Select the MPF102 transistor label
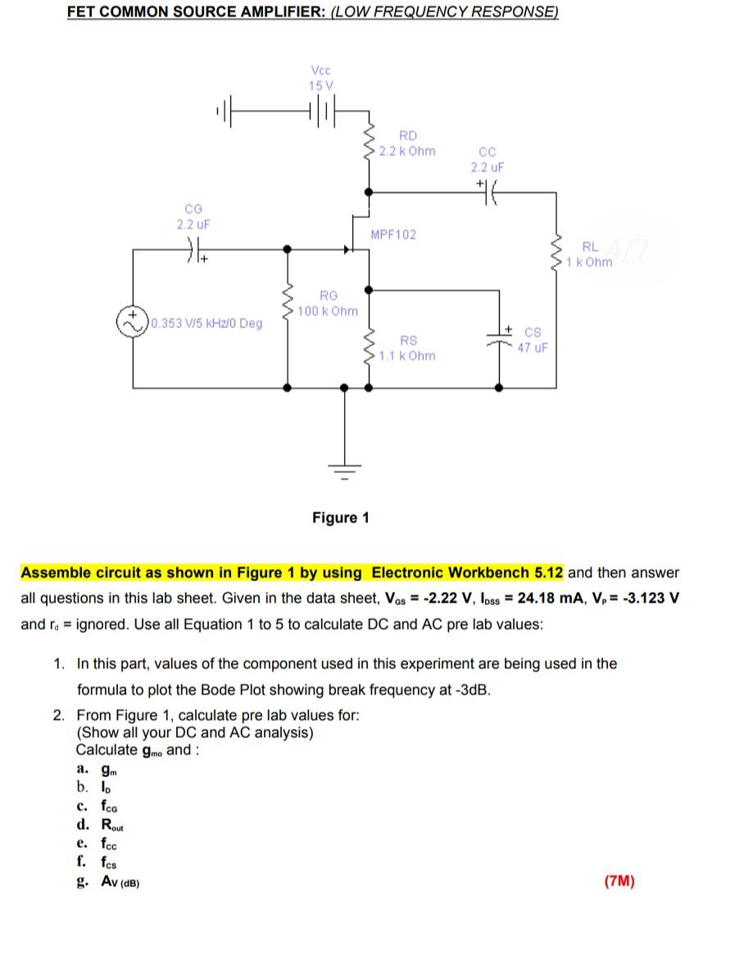pyautogui.click(x=393, y=234)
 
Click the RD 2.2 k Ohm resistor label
pyautogui.click(x=407, y=143)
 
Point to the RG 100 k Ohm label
pyautogui.click(x=328, y=303)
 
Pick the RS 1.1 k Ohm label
pyautogui.click(x=407, y=348)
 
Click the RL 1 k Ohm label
pyautogui.click(x=589, y=254)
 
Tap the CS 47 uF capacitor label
pyautogui.click(x=532, y=340)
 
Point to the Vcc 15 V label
pyautogui.click(x=321, y=78)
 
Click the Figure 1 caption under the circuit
pyautogui.click(x=340, y=517)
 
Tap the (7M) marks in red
pyautogui.click(x=619, y=881)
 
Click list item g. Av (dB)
pyautogui.click(x=109, y=881)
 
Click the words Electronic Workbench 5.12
pyautogui.click(x=467, y=572)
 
